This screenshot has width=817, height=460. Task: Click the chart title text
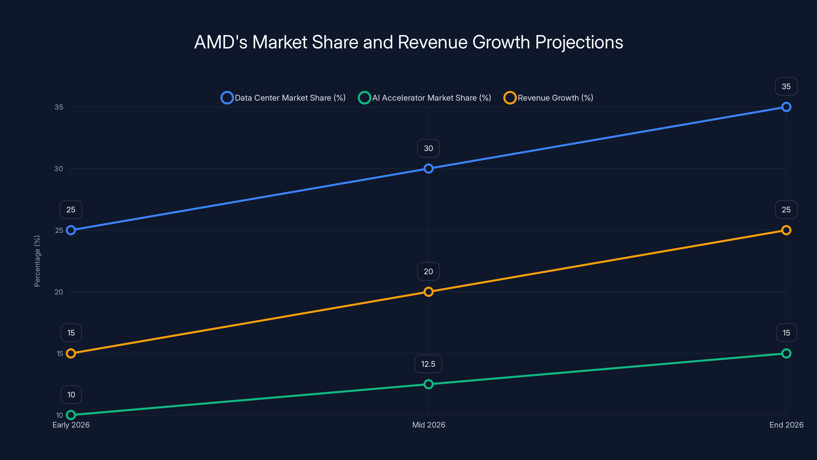408,42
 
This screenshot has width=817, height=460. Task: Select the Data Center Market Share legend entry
283,98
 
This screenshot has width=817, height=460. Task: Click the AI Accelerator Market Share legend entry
425,98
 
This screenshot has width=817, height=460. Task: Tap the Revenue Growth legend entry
548,98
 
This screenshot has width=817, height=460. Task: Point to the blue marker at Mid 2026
428,169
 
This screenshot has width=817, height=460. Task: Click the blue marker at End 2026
786,107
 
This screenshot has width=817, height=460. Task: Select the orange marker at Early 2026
71,353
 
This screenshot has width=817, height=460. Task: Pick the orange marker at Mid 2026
428,292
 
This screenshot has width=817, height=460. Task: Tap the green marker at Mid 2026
428,384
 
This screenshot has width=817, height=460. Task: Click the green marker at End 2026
786,353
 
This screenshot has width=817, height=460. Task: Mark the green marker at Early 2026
71,415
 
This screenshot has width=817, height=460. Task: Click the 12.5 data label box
428,364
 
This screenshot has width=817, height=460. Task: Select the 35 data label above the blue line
786,86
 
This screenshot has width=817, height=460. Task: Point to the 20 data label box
428,271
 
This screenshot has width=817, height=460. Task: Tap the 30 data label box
428,148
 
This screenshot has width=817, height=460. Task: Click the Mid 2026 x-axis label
428,425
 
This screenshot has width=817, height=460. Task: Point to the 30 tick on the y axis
59,169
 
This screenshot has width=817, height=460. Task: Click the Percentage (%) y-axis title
37,261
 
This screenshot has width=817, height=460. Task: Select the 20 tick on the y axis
59,292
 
